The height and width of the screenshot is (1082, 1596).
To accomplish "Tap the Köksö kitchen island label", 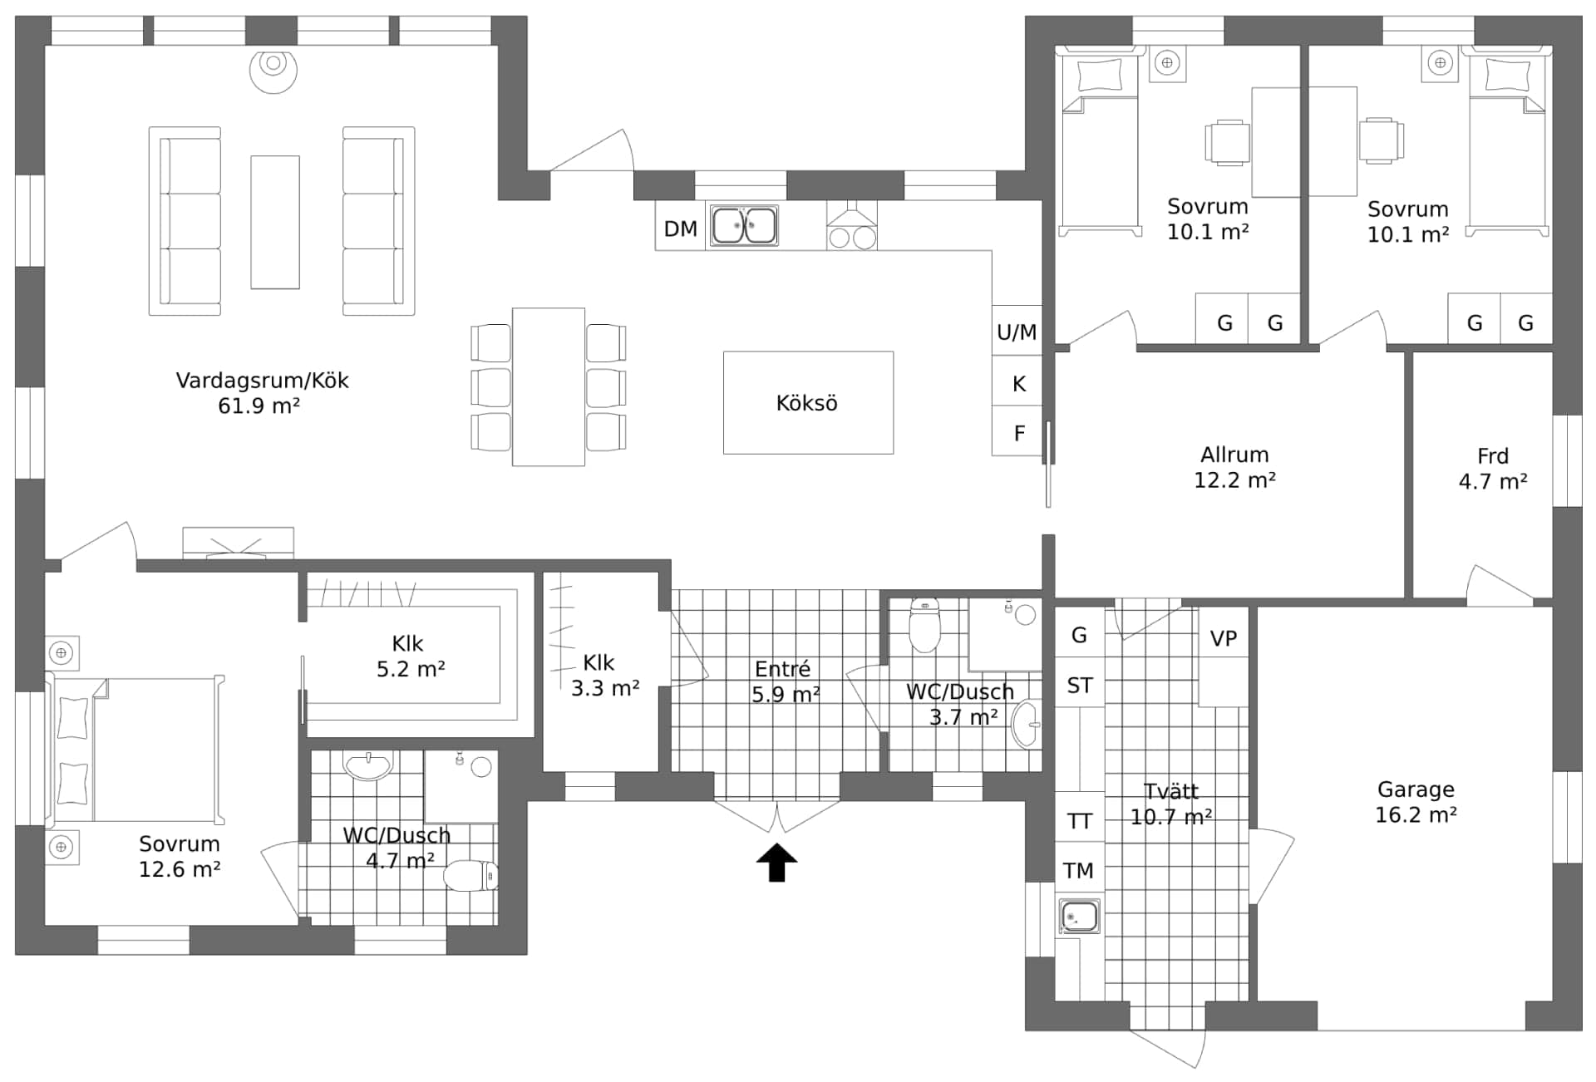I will [x=806, y=403].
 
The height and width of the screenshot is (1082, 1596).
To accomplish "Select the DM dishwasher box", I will [x=680, y=229].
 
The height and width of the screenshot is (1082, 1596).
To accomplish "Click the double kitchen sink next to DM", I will [x=744, y=226].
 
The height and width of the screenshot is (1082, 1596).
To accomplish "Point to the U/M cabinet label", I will [x=1017, y=332].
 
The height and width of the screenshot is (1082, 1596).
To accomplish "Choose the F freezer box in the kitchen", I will [x=1017, y=433].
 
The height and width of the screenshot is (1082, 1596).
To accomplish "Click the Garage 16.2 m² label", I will [x=1415, y=802].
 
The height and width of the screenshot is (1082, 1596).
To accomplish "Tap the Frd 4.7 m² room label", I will [x=1492, y=469].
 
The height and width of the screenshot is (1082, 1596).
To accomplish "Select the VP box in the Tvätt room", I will [x=1223, y=638].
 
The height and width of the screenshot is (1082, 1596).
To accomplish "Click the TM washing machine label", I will [x=1078, y=871].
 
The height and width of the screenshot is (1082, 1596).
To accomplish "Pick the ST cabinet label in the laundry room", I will [x=1079, y=686].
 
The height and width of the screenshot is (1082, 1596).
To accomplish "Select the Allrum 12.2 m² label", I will [x=1234, y=467].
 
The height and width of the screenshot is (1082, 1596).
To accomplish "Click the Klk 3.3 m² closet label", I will [x=603, y=675].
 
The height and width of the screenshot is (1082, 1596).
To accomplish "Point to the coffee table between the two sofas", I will [x=275, y=222].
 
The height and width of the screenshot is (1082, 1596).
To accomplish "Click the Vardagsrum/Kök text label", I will [x=262, y=381].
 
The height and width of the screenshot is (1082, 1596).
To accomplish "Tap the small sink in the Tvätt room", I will [x=1079, y=917].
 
